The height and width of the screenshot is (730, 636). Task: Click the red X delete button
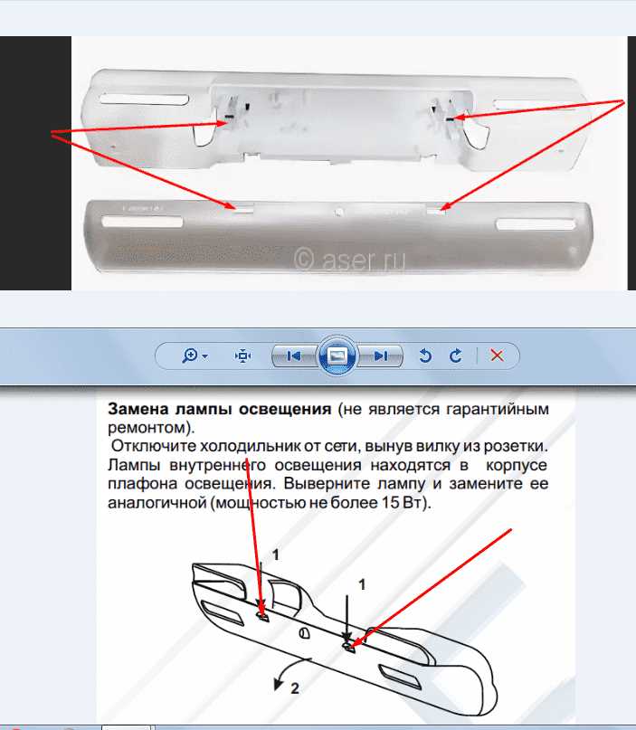497,356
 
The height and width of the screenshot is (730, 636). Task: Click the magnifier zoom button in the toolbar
195,356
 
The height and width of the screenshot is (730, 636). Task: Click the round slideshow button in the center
337,356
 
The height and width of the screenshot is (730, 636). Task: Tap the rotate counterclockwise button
424,356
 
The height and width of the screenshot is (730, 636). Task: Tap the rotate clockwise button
456,356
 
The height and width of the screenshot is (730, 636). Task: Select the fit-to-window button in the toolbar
242,356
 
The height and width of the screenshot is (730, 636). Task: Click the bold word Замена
138,409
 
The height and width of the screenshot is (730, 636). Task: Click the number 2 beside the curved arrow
295,688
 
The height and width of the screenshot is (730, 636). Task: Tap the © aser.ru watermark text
349,259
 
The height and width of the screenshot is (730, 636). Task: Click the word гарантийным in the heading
498,410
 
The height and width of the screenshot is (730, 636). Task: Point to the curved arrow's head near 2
279,685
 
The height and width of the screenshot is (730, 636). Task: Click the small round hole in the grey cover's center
339,213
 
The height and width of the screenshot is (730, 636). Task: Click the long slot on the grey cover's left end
142,221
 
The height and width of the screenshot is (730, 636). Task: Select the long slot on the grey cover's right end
536,224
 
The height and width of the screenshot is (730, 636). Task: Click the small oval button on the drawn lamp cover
304,632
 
